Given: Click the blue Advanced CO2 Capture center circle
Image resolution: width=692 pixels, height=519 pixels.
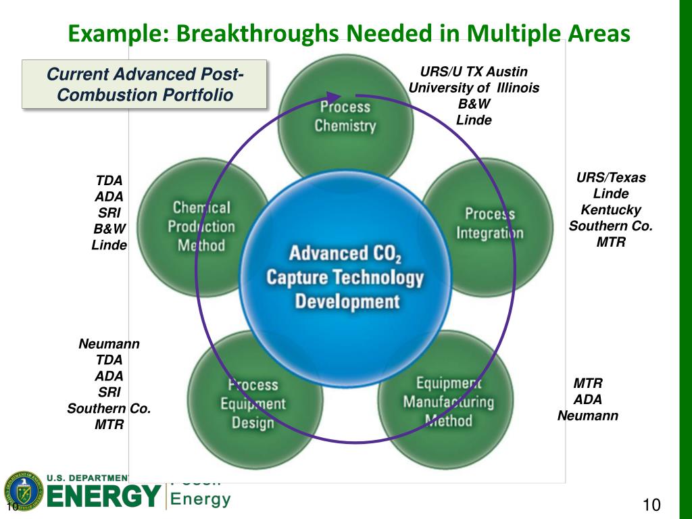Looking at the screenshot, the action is [345, 277].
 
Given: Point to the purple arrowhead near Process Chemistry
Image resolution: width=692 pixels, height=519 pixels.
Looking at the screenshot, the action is [333, 99].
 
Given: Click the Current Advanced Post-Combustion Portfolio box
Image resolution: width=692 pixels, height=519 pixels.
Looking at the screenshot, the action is [145, 84].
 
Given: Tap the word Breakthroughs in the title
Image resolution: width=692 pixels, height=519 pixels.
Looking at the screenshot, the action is [251, 32].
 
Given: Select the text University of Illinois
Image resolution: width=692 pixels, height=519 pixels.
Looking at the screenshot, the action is [474, 88].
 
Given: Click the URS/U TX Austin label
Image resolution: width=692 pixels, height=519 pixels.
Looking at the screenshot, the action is [474, 72].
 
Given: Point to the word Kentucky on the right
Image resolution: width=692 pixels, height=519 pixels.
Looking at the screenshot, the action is [611, 209].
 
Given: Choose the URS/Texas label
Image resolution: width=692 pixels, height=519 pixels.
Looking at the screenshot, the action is [611, 178].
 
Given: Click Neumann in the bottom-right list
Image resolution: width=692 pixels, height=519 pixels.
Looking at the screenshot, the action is [587, 416].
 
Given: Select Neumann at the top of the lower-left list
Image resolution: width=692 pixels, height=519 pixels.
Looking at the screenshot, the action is [109, 343].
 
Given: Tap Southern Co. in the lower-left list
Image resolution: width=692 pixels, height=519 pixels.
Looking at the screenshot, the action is [109, 408].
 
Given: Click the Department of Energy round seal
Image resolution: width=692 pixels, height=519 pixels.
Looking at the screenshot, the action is [22, 491].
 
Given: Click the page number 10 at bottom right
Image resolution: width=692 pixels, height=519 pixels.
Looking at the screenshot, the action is [651, 505].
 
